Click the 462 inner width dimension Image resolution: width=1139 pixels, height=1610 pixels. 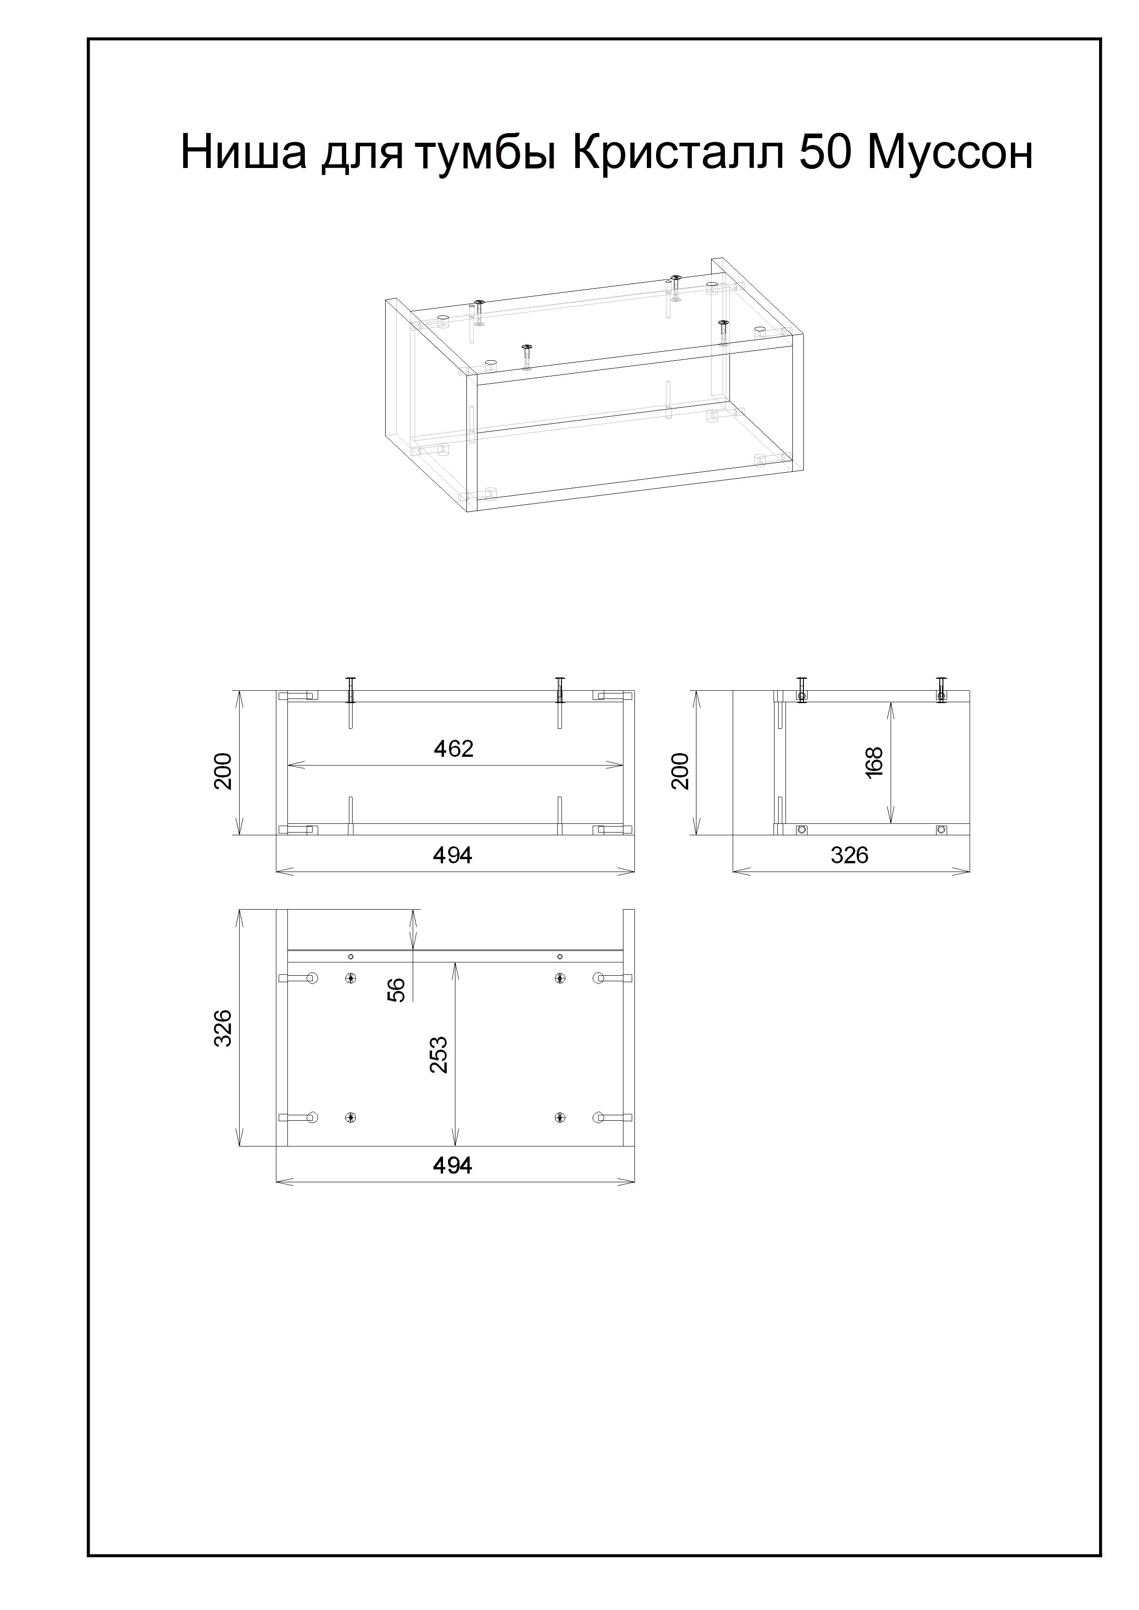click(454, 749)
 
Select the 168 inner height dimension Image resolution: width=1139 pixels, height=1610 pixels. click(874, 762)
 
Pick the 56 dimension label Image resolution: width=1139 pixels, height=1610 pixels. click(397, 989)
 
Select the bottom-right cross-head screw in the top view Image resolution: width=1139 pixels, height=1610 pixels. click(560, 1118)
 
